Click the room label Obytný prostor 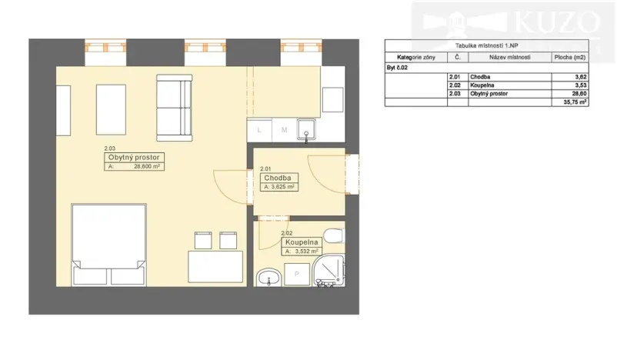pyautogui.click(x=135, y=158)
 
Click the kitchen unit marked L pyautogui.click(x=259, y=130)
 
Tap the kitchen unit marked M pyautogui.click(x=283, y=130)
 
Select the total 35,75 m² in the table pyautogui.click(x=575, y=101)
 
